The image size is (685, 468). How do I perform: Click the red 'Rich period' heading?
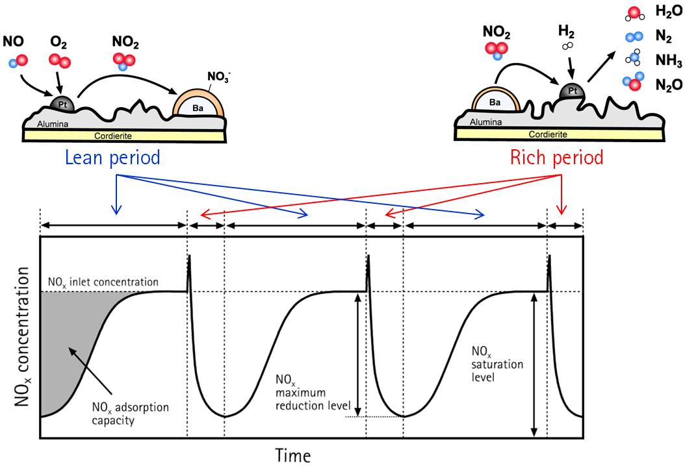click(557, 158)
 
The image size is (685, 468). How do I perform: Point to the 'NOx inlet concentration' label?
click(103, 282)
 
